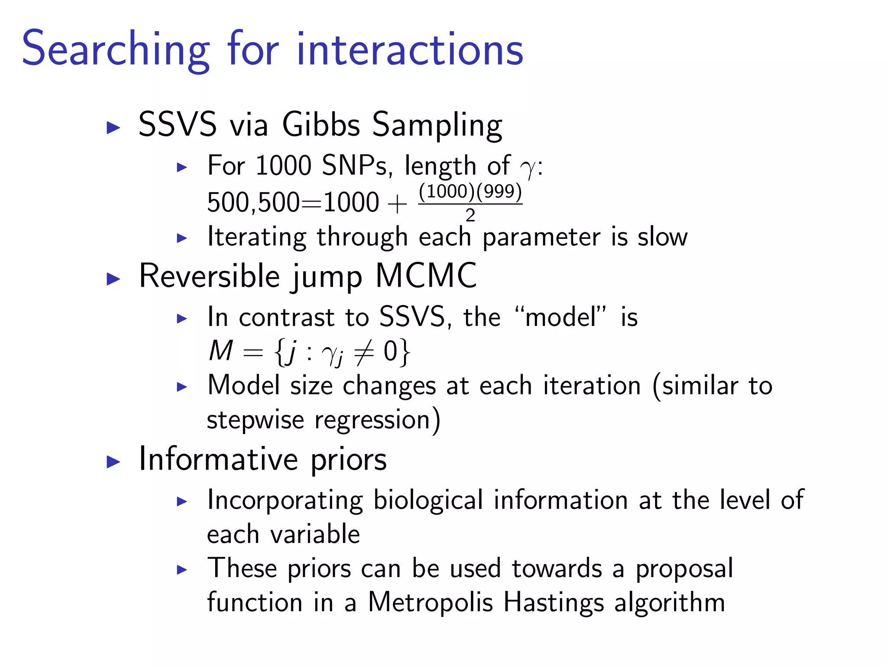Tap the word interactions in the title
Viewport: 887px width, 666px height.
click(x=410, y=49)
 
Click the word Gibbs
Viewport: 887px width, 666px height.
click(x=321, y=125)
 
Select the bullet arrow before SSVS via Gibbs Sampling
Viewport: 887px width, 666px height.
click(x=113, y=127)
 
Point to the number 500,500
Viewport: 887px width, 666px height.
click(x=253, y=202)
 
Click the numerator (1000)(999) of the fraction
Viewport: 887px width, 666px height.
click(x=470, y=191)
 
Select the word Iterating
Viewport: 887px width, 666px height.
click(x=257, y=237)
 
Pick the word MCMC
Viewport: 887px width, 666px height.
click(x=426, y=276)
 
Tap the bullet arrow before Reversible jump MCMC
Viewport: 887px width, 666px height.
click(x=113, y=279)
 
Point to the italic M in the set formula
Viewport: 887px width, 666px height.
click(x=221, y=351)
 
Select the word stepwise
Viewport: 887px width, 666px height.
click(x=256, y=420)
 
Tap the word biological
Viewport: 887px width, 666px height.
click(x=427, y=500)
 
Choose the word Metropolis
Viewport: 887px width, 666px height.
click(x=430, y=602)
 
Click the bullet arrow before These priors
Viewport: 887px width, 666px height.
click(x=182, y=570)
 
